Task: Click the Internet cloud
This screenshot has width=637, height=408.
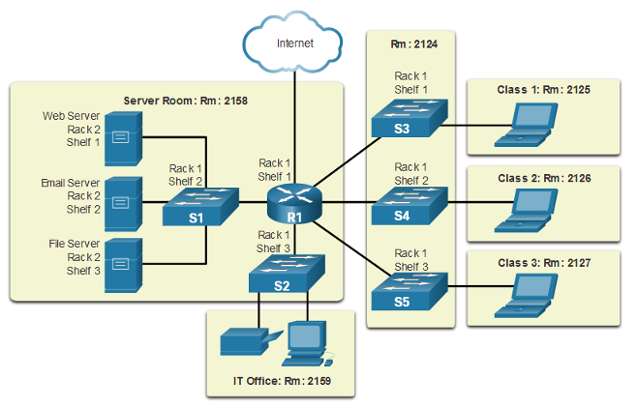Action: [292, 43]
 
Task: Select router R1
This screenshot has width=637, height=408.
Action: [294, 204]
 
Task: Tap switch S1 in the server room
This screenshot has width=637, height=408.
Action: [200, 207]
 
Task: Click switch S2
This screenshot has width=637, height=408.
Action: [287, 274]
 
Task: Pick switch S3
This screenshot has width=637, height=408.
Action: [409, 118]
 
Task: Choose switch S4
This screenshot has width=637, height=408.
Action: [409, 206]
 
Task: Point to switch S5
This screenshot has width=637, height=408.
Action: [409, 292]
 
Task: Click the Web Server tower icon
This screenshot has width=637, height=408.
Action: [123, 138]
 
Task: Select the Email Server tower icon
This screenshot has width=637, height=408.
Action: [123, 204]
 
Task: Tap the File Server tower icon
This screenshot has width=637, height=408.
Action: [123, 265]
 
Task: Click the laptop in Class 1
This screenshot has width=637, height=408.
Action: [526, 125]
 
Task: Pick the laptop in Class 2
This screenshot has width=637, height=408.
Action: [526, 211]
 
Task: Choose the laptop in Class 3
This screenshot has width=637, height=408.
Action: [526, 296]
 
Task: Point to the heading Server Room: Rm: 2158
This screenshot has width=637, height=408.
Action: [185, 101]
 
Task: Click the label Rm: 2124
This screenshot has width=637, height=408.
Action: [414, 44]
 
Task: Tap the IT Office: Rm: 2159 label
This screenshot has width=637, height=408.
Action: [282, 381]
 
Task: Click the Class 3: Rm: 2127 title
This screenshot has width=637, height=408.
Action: [544, 263]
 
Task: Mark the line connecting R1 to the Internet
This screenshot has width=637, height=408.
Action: [294, 127]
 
